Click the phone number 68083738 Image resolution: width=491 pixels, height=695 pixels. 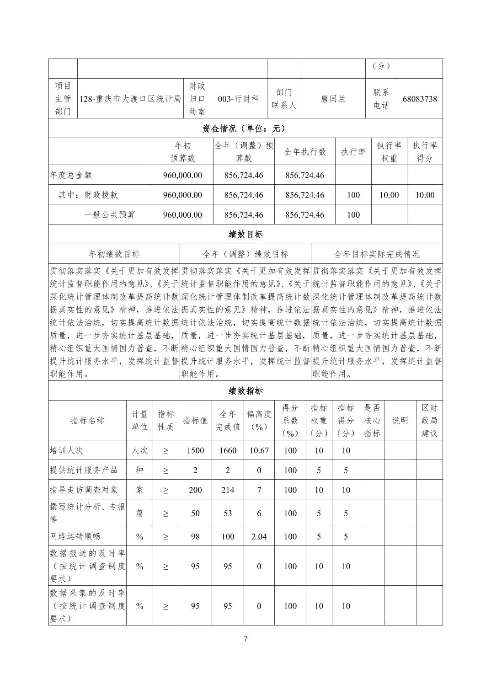[x=419, y=99]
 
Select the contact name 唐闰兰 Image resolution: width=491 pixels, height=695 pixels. [x=333, y=99]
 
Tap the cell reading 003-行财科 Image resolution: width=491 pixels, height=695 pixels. [x=239, y=99]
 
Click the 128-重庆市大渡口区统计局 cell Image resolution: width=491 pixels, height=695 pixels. [x=130, y=99]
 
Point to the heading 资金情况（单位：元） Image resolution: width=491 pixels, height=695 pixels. [x=245, y=128]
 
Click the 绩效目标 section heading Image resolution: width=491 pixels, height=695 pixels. [x=245, y=235]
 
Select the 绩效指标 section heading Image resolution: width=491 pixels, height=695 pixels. [x=245, y=391]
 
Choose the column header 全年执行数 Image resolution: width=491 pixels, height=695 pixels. [x=305, y=152]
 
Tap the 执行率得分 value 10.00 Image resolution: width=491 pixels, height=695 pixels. [x=424, y=195]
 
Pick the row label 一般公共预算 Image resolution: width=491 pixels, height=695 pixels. [x=110, y=214]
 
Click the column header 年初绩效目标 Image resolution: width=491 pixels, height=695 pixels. [x=114, y=254]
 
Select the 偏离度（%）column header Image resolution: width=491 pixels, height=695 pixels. [x=259, y=420]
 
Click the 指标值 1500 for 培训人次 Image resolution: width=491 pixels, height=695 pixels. [x=195, y=450]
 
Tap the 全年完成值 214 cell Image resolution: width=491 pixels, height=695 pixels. [x=228, y=490]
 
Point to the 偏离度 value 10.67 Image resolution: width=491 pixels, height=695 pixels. [x=259, y=450]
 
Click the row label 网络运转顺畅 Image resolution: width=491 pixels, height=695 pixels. [x=75, y=536]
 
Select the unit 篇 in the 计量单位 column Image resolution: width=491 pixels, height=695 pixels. [x=139, y=513]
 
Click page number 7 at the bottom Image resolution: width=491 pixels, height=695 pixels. [x=245, y=639]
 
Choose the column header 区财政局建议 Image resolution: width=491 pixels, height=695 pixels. [x=429, y=420]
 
